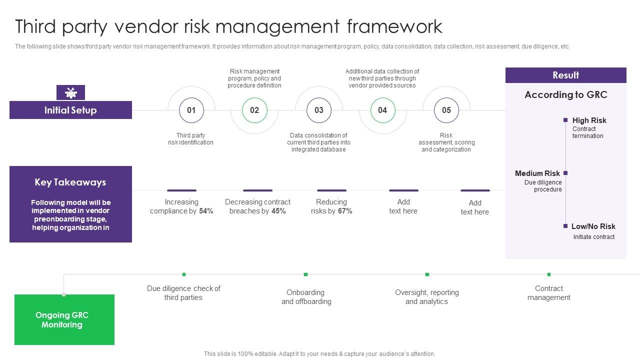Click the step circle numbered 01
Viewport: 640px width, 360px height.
(x=191, y=110)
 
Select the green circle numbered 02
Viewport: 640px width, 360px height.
(x=254, y=110)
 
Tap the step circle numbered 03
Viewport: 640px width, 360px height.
(x=318, y=110)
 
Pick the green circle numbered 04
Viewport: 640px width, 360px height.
(x=382, y=110)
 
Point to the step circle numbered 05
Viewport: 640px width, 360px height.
(x=446, y=110)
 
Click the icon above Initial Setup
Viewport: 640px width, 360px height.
(x=70, y=92)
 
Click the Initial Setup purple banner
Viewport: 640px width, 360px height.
(x=70, y=110)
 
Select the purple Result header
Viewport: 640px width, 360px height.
(x=565, y=75)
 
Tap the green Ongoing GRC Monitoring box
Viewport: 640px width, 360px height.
(x=64, y=319)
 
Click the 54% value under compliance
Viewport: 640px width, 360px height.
(x=206, y=211)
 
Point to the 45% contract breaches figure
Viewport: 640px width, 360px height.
(x=278, y=211)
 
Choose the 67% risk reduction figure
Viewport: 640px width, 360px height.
(x=345, y=211)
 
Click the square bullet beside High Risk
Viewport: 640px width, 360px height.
(x=565, y=120)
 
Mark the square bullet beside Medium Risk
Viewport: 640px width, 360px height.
(x=565, y=173)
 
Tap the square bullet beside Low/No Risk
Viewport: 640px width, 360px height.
(x=565, y=226)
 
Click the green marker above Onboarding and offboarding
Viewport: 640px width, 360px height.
(x=305, y=274)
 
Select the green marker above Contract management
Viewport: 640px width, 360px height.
(x=548, y=274)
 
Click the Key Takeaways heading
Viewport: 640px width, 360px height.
(x=70, y=182)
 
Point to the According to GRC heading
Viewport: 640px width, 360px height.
(x=565, y=94)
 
